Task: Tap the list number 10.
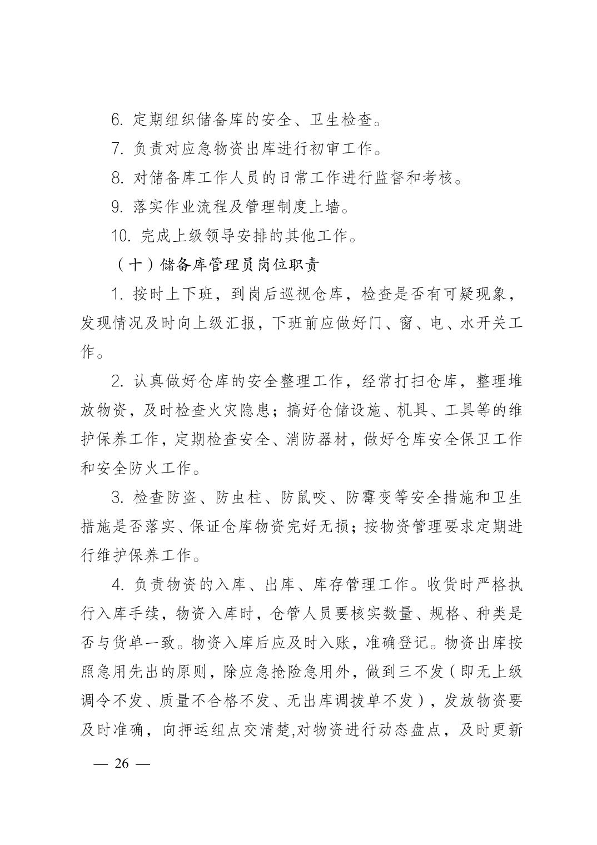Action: click(x=121, y=236)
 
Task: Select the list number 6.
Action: click(x=117, y=120)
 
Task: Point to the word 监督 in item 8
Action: click(x=386, y=178)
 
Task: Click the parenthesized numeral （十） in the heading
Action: click(x=136, y=265)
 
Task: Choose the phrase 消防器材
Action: click(x=320, y=439)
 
